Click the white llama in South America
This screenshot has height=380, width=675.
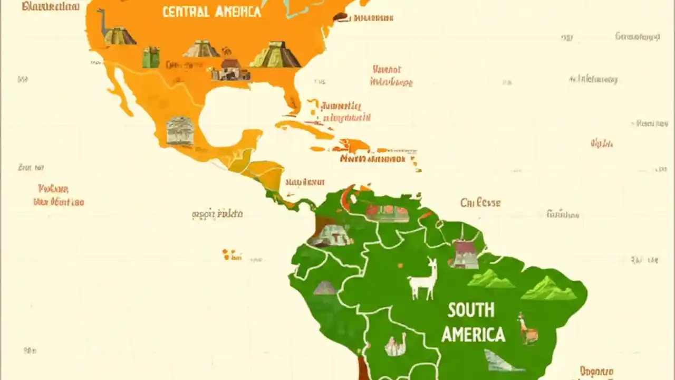click(423, 280)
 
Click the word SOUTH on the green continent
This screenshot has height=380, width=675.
click(471, 310)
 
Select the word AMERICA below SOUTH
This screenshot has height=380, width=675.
click(473, 334)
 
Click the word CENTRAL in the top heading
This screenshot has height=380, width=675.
click(184, 12)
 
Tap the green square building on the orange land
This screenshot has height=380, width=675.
click(151, 57)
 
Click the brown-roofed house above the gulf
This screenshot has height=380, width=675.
click(230, 70)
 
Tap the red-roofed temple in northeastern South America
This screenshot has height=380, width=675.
click(465, 254)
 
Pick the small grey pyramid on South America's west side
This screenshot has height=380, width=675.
click(325, 288)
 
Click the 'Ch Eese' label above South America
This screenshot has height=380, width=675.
click(480, 203)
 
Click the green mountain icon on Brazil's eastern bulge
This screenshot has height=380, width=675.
click(548, 289)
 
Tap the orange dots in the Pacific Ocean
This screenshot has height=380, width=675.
click(231, 255)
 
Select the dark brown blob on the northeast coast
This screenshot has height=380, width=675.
click(341, 17)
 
